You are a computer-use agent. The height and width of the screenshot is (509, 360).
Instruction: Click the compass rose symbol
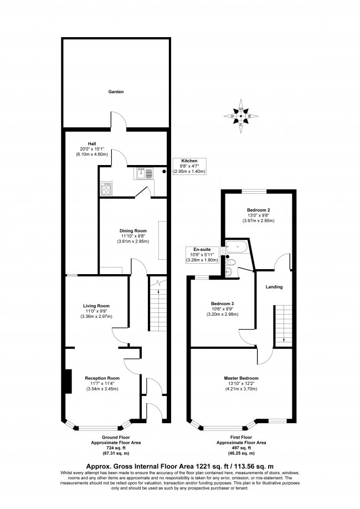(x=241, y=116)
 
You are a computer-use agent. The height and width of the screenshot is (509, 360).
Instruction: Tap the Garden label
(x=116, y=91)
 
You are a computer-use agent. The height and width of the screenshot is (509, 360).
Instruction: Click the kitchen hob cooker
(x=106, y=189)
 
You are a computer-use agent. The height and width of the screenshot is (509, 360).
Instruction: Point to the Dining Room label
(x=133, y=230)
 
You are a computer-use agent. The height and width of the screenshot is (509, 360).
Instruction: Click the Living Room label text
(x=96, y=306)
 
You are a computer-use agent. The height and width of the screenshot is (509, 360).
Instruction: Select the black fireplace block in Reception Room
(x=67, y=381)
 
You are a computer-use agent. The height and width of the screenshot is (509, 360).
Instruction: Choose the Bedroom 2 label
(x=259, y=210)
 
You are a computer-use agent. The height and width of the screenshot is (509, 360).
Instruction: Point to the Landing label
(x=274, y=287)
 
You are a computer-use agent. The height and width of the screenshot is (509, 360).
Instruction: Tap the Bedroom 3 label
(x=222, y=304)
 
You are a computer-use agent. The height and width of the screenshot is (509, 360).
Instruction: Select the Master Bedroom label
(x=242, y=378)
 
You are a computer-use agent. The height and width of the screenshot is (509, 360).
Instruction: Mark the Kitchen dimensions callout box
(x=190, y=166)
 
